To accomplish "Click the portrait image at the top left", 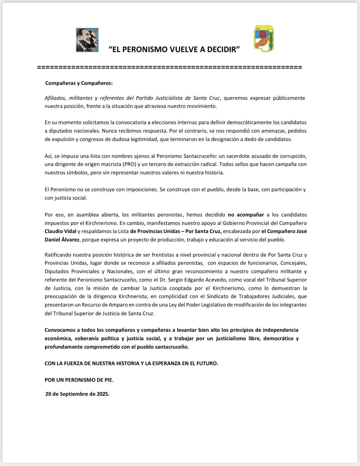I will point(87,40).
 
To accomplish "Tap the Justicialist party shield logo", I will point(264,39).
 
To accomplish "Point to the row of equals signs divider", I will point(170,67).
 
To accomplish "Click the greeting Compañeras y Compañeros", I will point(79,83).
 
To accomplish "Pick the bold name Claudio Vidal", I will point(61,231).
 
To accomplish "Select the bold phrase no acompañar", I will point(246,215).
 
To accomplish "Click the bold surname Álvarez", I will point(69,240).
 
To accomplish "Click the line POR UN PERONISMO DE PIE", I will point(79,380).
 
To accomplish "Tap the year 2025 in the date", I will point(102,394).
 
